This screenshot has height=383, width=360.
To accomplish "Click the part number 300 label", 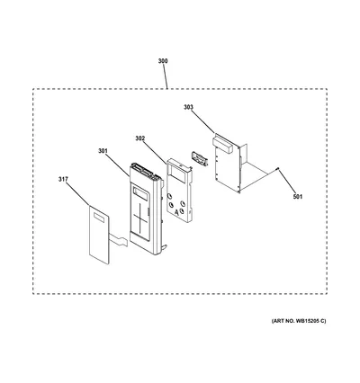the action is coord(163,61).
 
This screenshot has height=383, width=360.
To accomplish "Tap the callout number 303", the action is coord(188,107).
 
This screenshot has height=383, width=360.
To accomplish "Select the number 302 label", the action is coord(139,138).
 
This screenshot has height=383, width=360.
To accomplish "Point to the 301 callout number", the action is coord(103,151).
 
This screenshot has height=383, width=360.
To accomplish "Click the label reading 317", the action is coord(63,179).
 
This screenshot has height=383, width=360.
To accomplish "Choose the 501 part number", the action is coord(298,197).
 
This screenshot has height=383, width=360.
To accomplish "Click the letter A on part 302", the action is coord(176,212).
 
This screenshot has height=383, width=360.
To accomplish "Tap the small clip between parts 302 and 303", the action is coord(199,158).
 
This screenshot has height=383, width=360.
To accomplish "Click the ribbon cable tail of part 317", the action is coord(119,241).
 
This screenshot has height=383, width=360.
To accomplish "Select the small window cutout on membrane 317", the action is coord(99,218).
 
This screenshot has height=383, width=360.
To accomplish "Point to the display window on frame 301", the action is coord(140,194).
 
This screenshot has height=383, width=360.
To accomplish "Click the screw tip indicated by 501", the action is coord(278,169).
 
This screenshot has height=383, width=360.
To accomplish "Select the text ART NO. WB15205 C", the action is coord(298,321).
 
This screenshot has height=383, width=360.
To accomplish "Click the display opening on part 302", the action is coord(177,171).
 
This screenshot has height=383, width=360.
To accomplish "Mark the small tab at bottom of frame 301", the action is coord(164,246).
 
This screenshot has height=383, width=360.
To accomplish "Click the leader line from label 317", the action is coord(77,194).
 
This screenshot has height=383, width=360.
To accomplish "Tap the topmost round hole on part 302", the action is coord(170,196).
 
